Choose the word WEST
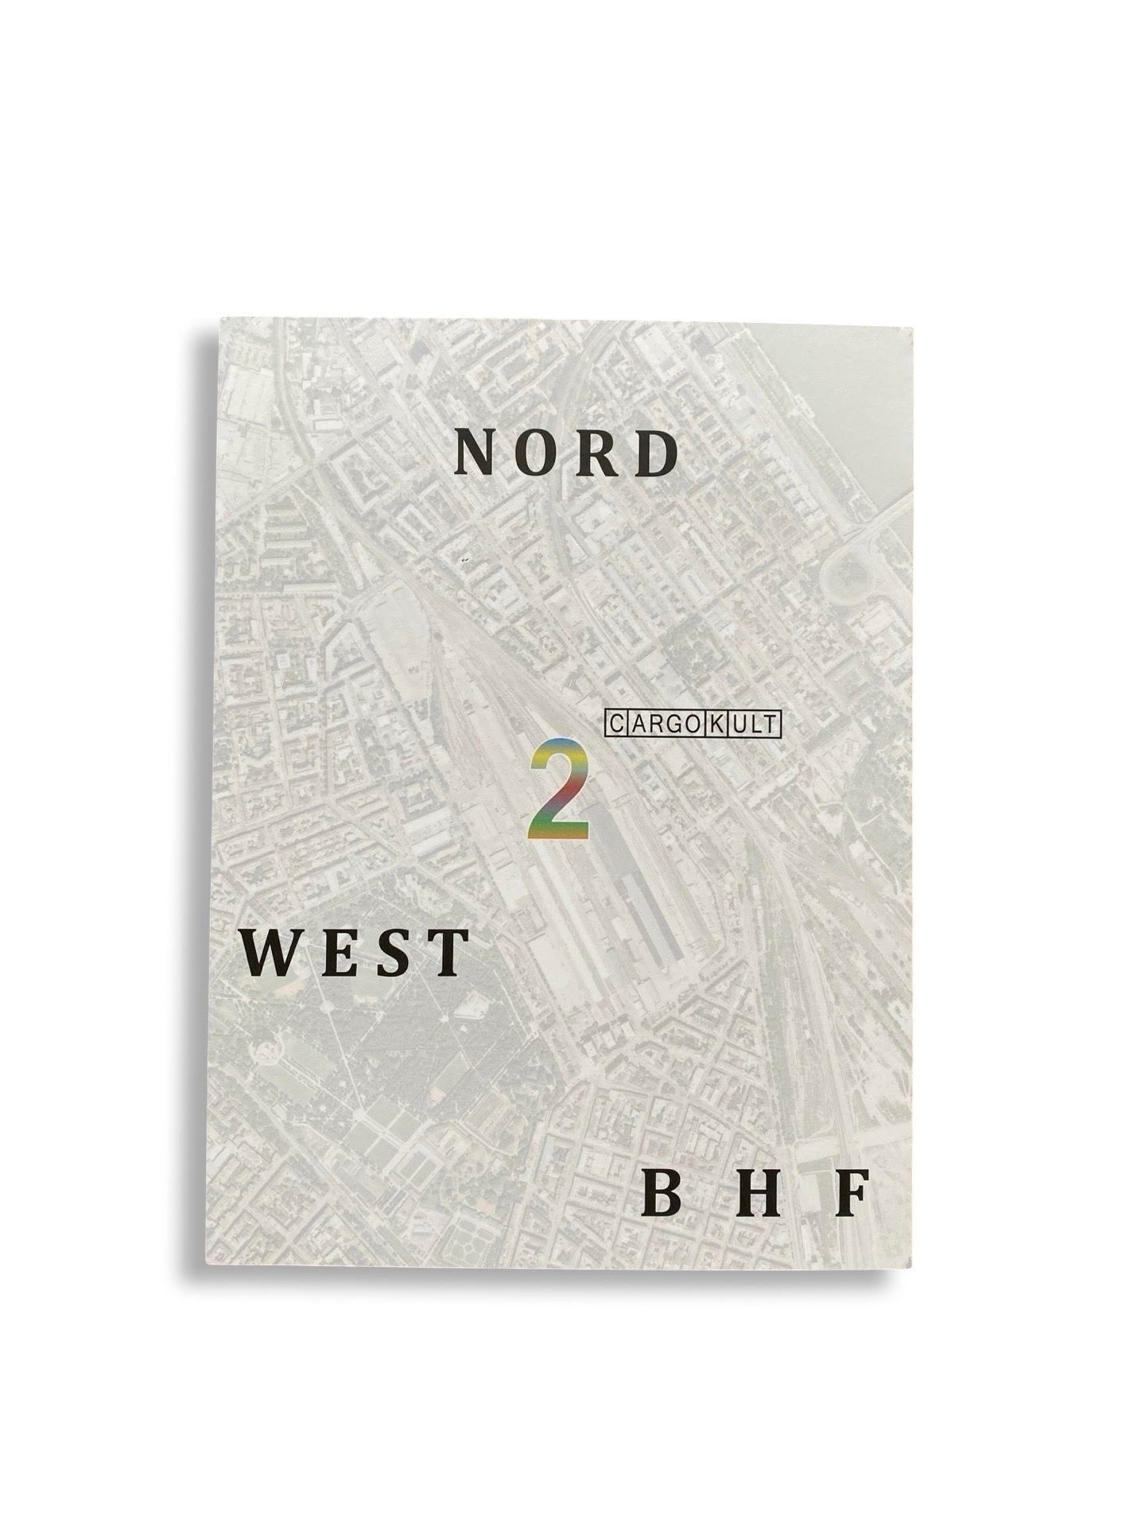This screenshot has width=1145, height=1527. coord(355,953)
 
